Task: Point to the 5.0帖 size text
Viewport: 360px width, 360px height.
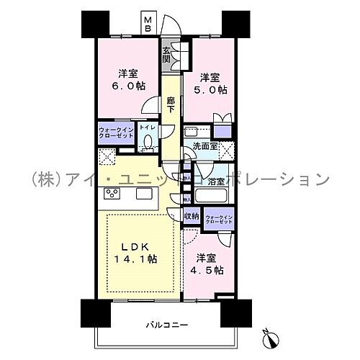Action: point(210,90)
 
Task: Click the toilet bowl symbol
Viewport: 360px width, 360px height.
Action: point(147,143)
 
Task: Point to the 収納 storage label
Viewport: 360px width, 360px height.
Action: point(191,215)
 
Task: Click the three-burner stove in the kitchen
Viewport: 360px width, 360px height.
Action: point(114,193)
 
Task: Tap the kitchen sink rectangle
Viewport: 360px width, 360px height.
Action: point(143,193)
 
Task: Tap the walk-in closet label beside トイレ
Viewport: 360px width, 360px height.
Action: point(115,134)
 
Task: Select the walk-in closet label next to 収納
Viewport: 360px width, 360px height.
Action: point(218,220)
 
